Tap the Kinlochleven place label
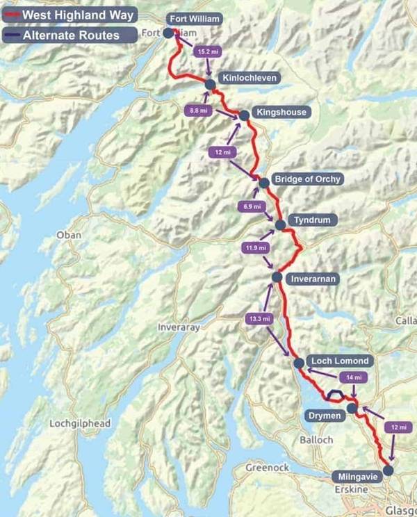(x=250, y=79)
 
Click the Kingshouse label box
(x=280, y=112)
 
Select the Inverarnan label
(x=313, y=279)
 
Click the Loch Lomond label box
(x=340, y=361)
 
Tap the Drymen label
(x=323, y=416)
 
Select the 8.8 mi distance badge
(x=198, y=110)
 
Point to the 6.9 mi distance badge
(x=252, y=206)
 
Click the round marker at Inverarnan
(x=277, y=277)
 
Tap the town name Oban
(x=69, y=235)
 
